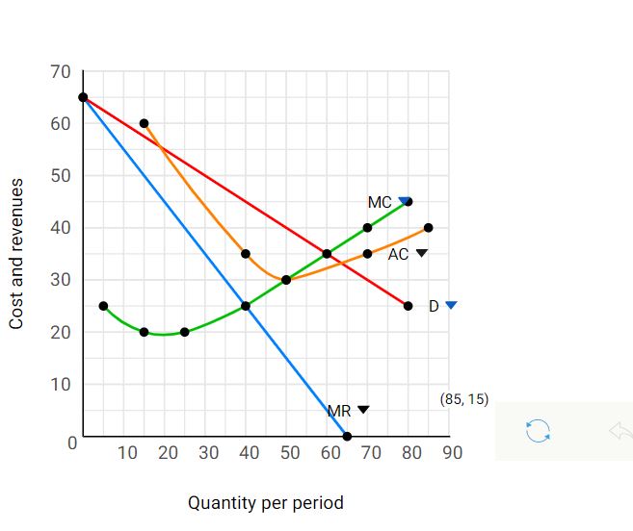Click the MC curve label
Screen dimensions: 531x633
click(x=380, y=203)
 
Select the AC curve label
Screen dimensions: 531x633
click(x=399, y=254)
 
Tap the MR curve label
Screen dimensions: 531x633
click(x=339, y=411)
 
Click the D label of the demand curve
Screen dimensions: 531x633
click(x=434, y=306)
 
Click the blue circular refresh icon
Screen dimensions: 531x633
click(x=537, y=431)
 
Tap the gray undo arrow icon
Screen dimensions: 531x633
click(x=620, y=431)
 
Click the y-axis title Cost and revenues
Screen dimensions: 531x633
click(x=16, y=253)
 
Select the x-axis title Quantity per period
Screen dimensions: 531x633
click(x=265, y=502)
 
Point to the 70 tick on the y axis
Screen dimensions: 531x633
click(x=60, y=72)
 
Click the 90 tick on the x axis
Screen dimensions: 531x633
click(x=449, y=453)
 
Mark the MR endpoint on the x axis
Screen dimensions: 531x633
click(x=347, y=437)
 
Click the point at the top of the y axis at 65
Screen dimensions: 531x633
click(x=83, y=97)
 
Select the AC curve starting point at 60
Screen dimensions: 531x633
click(x=144, y=123)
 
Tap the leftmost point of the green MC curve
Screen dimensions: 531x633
click(x=103, y=306)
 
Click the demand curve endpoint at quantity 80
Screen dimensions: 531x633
click(x=408, y=306)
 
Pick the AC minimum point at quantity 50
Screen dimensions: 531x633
click(x=286, y=280)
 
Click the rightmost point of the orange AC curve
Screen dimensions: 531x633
click(x=428, y=228)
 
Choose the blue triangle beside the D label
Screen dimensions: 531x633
click(x=451, y=305)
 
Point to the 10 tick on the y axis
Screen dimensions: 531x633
click(x=60, y=385)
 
